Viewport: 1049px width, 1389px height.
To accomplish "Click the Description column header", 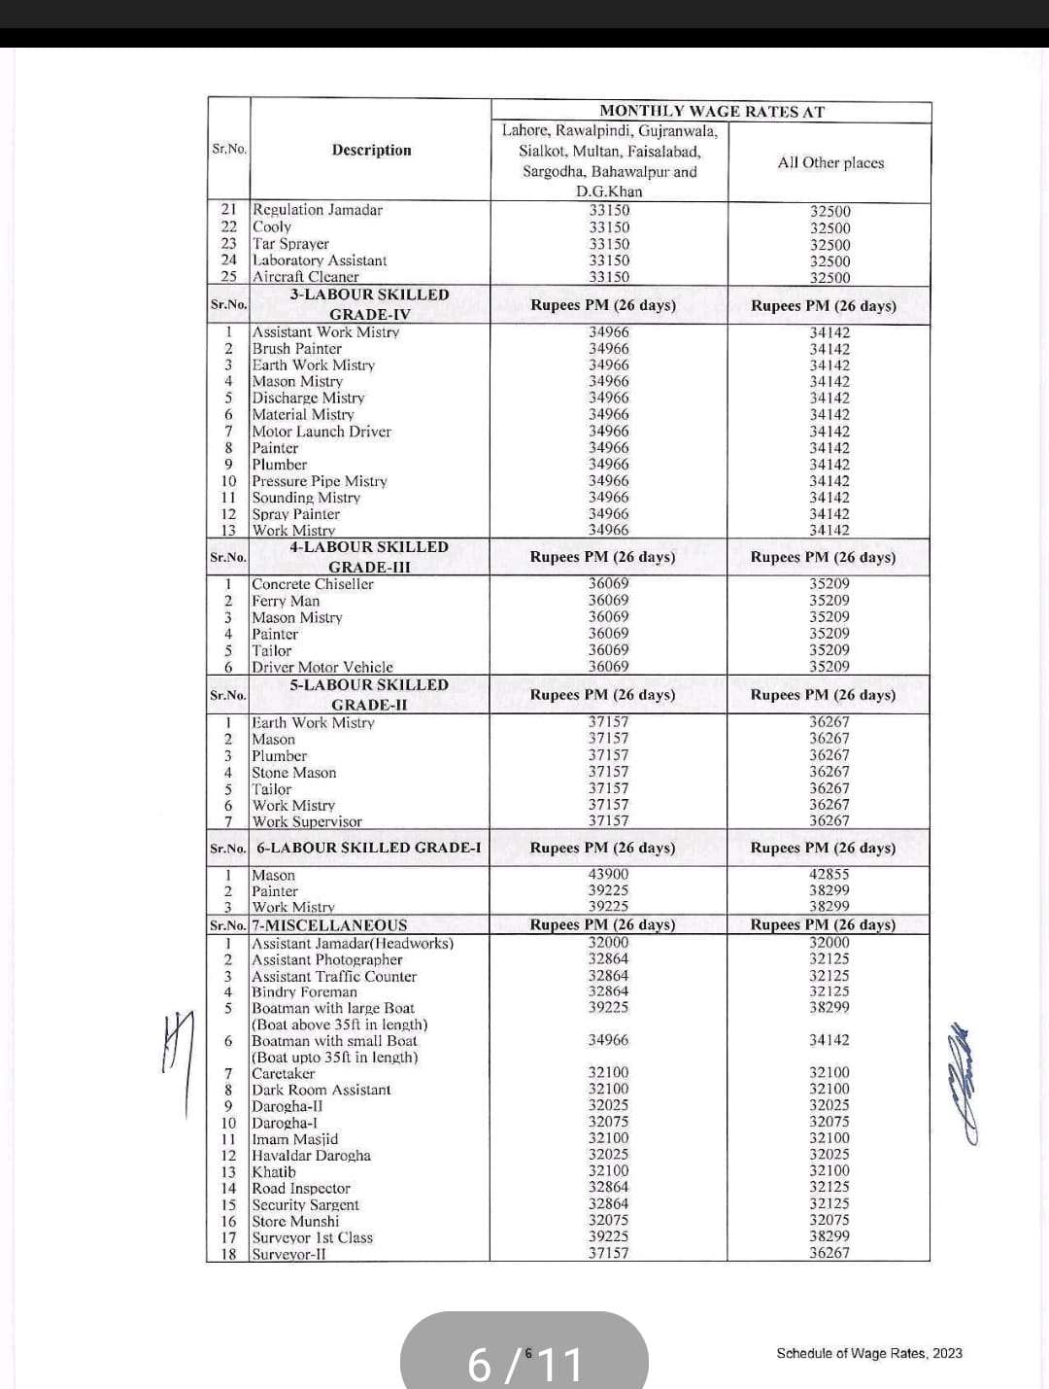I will point(371,150).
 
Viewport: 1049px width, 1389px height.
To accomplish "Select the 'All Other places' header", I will point(830,162).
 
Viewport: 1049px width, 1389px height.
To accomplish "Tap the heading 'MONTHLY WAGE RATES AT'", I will point(711,111).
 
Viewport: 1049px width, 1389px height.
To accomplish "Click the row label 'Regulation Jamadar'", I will point(318,210).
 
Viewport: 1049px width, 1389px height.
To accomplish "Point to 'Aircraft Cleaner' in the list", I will point(305,276).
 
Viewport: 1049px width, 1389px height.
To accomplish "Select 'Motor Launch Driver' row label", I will point(321,432).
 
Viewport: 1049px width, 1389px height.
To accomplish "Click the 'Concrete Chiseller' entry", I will point(313,584).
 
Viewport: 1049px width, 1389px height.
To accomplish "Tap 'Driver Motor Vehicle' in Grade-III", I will point(322,667).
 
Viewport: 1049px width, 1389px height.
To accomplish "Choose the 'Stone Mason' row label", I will point(294,773).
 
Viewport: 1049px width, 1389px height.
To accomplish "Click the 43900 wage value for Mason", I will point(608,875).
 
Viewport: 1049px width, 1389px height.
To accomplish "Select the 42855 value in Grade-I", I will point(829,875).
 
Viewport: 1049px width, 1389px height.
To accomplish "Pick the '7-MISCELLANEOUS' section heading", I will point(330,925).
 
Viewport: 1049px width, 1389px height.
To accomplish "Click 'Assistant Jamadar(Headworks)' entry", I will point(353,943).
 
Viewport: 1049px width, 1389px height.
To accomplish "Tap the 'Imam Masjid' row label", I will point(295,1139).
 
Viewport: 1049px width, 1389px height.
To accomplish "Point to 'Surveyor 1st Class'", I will point(313,1237).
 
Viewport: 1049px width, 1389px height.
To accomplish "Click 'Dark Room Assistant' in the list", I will point(321,1090).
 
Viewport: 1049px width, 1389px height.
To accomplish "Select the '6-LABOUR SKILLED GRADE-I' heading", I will point(369,848).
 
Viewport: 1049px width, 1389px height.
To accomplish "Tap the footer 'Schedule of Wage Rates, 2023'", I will point(869,1353).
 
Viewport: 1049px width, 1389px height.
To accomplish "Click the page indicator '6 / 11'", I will point(524,1363).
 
